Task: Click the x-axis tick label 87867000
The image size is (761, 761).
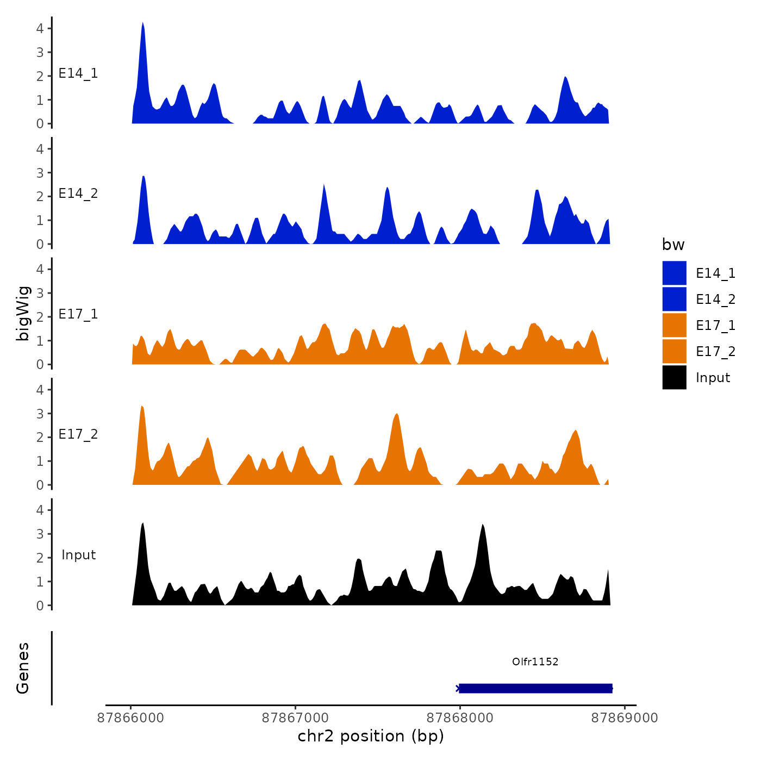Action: tap(296, 718)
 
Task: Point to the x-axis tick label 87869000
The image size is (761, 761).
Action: tap(624, 718)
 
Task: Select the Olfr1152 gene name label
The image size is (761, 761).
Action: tap(535, 662)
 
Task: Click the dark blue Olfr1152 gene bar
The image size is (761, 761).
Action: tap(535, 688)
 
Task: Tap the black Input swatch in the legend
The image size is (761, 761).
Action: tap(674, 378)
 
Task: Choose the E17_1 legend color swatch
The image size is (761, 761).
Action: tap(674, 326)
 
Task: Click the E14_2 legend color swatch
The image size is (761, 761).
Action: tap(674, 300)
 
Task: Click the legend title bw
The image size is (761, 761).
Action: tap(673, 245)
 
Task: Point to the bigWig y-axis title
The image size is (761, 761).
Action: tap(23, 313)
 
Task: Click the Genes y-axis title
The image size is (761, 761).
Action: tap(23, 668)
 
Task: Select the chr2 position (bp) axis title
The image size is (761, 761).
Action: tap(371, 736)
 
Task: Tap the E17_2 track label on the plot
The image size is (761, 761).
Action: tap(78, 434)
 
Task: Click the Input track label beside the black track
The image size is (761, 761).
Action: tap(78, 555)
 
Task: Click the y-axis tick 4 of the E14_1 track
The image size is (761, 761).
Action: tap(40, 28)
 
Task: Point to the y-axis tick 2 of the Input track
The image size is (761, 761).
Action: tap(40, 558)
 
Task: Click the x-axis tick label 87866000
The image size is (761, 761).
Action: tap(130, 718)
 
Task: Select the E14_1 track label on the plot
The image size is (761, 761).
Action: tap(78, 73)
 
